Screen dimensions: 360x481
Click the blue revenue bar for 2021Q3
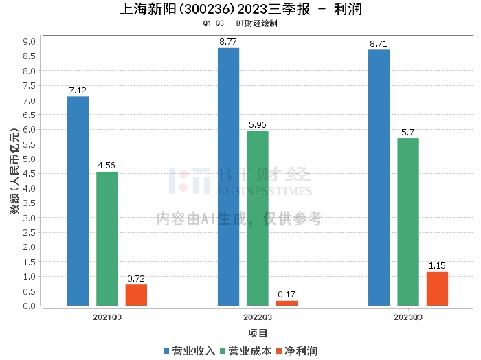coord(78,201)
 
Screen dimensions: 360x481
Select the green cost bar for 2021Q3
coord(107,238)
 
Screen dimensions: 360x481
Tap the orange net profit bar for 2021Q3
coord(136,295)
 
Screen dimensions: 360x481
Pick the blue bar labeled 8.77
coord(228,177)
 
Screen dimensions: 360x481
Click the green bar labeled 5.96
coord(258,218)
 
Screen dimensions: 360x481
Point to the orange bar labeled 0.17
coord(287,303)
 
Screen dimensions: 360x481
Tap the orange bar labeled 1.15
coord(437,289)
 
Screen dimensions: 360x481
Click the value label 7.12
coord(78,91)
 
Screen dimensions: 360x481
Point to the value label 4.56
coord(107,166)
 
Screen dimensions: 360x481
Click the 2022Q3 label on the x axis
coord(258,317)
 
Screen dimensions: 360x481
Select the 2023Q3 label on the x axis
coord(408,317)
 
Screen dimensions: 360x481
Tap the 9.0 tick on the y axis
coord(30,41)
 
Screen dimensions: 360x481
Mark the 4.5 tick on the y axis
coord(30,174)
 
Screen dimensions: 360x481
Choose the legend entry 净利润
coord(301,351)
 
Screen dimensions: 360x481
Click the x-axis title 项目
coord(258,333)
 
